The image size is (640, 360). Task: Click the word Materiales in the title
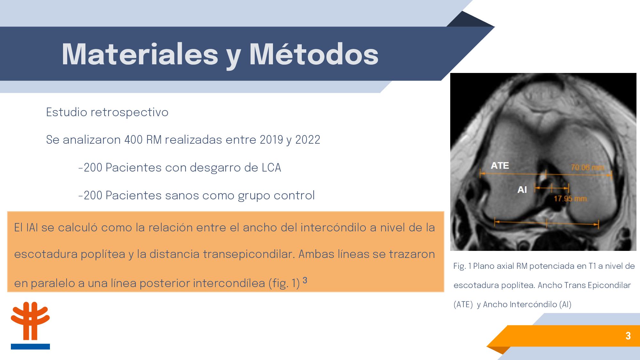(140, 54)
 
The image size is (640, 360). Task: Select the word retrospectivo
(129, 113)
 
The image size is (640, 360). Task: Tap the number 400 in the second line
(133, 140)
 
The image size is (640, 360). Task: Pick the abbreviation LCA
(271, 168)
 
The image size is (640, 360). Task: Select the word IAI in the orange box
(32, 228)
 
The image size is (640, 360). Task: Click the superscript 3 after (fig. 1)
(305, 280)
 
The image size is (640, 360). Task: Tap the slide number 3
(628, 336)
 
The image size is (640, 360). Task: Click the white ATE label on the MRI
(500, 166)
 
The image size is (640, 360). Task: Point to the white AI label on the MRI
(522, 190)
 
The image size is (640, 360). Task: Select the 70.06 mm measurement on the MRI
(588, 167)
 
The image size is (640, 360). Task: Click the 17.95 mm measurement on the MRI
(571, 199)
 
